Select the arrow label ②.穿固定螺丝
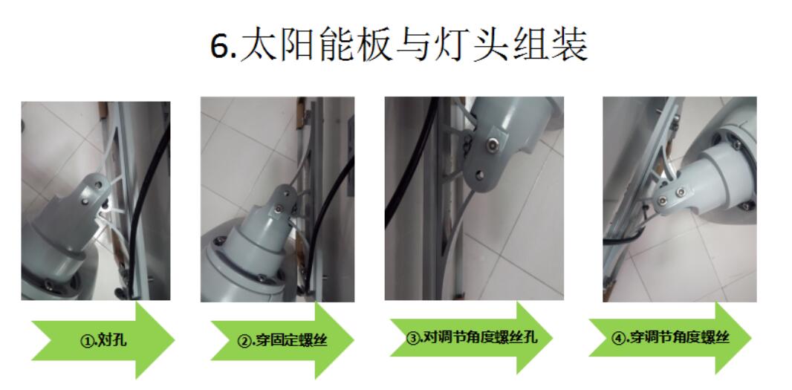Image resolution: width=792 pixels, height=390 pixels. pos(282,342)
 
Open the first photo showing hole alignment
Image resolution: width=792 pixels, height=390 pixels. pos(95,201)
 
